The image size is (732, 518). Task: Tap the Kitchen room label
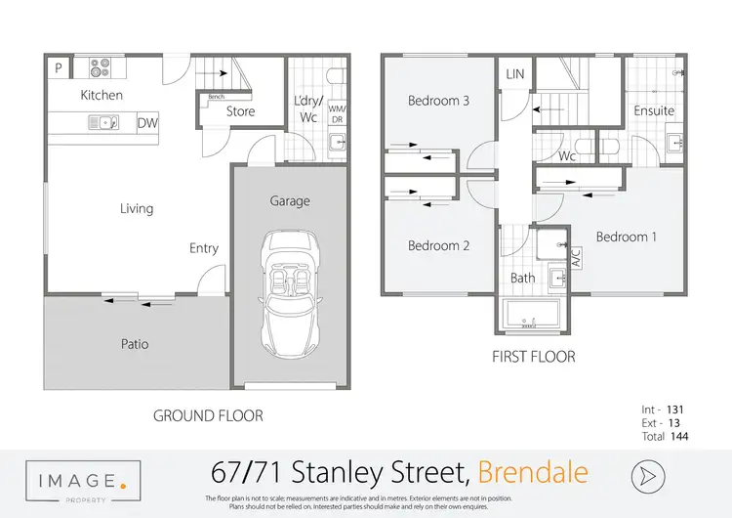coord(102,95)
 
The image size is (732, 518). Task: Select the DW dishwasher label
coord(148,123)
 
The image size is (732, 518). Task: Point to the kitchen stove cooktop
coord(100,68)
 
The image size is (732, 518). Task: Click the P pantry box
coord(59,68)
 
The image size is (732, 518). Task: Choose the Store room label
coord(240,111)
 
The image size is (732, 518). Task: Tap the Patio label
coord(135,344)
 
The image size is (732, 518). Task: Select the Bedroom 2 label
coord(438,245)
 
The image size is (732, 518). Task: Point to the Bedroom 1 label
coord(626,237)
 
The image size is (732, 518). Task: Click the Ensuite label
coord(654,110)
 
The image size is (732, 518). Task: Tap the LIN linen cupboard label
coord(514,74)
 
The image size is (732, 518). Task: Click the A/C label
coord(576,257)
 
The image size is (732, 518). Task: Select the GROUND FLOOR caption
coord(208,415)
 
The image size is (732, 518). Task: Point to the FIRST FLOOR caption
coord(533,357)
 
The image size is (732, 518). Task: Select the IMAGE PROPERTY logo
coord(83,483)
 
